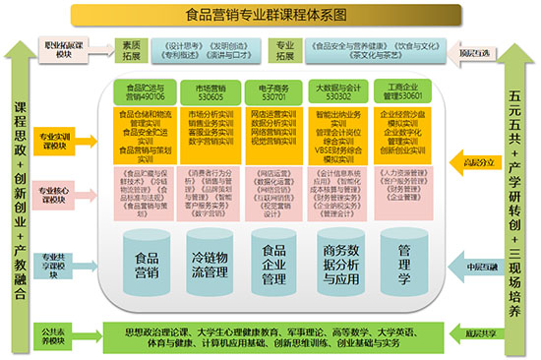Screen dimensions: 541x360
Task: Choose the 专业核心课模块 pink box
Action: tap(63, 189)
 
